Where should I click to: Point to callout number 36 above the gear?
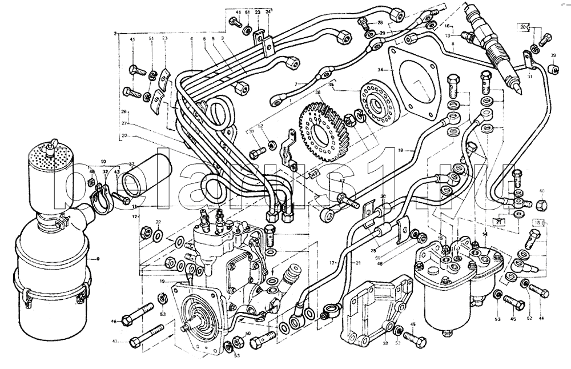tap(318, 92)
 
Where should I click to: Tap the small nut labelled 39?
tap(552, 69)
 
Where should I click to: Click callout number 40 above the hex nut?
tap(542, 191)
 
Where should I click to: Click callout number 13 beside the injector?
tap(448, 35)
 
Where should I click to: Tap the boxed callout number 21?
tap(498, 221)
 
